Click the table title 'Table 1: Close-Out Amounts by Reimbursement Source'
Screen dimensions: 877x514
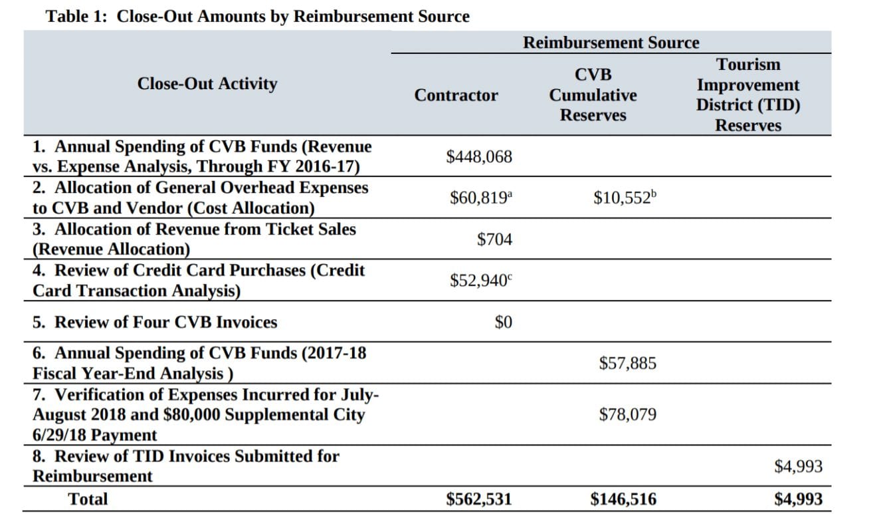(x=258, y=17)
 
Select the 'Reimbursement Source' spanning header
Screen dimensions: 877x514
(x=611, y=43)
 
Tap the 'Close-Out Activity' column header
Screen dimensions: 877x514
(x=207, y=84)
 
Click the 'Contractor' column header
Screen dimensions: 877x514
(x=456, y=95)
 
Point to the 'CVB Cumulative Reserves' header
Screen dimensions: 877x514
(x=593, y=95)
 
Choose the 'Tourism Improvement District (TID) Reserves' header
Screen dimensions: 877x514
(x=748, y=95)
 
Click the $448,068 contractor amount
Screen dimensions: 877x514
(x=479, y=157)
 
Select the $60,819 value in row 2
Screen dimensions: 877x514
(x=478, y=198)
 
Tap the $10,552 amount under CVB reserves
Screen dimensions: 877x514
(x=622, y=198)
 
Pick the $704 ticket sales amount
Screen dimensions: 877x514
(x=494, y=239)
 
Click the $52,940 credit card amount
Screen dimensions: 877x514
(x=478, y=281)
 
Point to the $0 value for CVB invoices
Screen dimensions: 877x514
(x=503, y=322)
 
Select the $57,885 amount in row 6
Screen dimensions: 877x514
(x=628, y=363)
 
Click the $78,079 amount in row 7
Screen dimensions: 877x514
(x=628, y=414)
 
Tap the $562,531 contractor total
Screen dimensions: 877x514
(x=479, y=499)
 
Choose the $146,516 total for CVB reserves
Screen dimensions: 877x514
(x=623, y=499)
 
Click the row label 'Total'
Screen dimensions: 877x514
(x=88, y=499)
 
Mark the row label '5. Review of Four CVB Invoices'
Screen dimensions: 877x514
(x=155, y=322)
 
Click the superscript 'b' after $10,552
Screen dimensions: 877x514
(x=654, y=194)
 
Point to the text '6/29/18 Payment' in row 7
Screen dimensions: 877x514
(x=95, y=436)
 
